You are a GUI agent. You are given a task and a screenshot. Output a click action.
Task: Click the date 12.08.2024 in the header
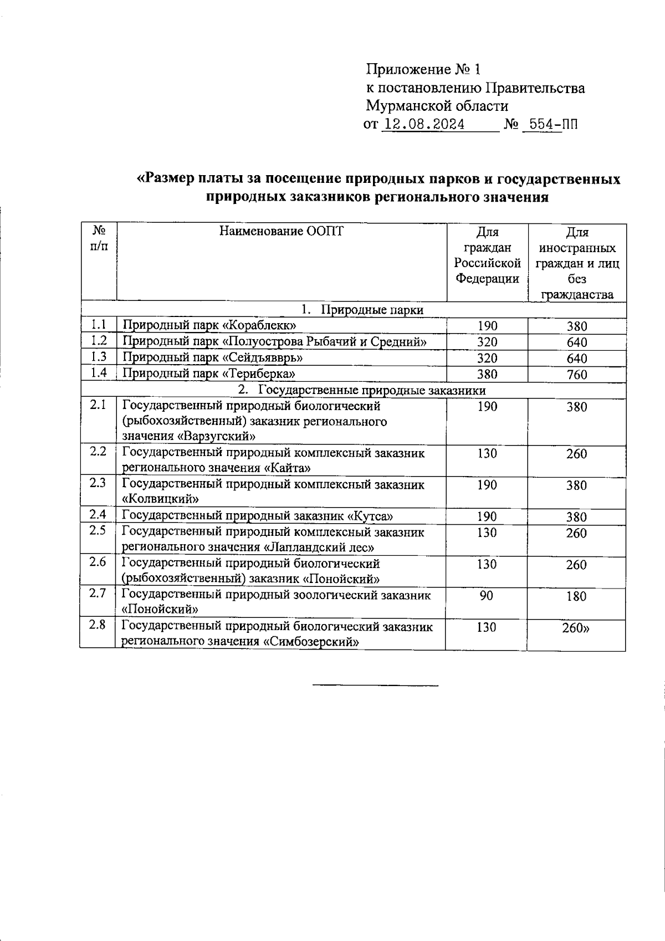click(424, 124)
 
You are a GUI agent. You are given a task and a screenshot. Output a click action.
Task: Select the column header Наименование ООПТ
click(281, 231)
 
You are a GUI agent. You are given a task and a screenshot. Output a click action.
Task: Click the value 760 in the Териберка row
click(577, 375)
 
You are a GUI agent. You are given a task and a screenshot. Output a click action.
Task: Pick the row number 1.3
click(99, 357)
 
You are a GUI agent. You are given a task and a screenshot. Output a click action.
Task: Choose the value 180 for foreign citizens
click(576, 596)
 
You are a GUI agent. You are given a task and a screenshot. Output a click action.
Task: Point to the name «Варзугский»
click(218, 436)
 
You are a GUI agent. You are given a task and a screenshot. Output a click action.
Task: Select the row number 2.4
click(98, 515)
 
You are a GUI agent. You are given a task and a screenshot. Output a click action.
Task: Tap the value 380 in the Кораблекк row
click(577, 326)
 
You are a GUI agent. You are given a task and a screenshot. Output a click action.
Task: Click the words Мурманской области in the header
click(437, 105)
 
